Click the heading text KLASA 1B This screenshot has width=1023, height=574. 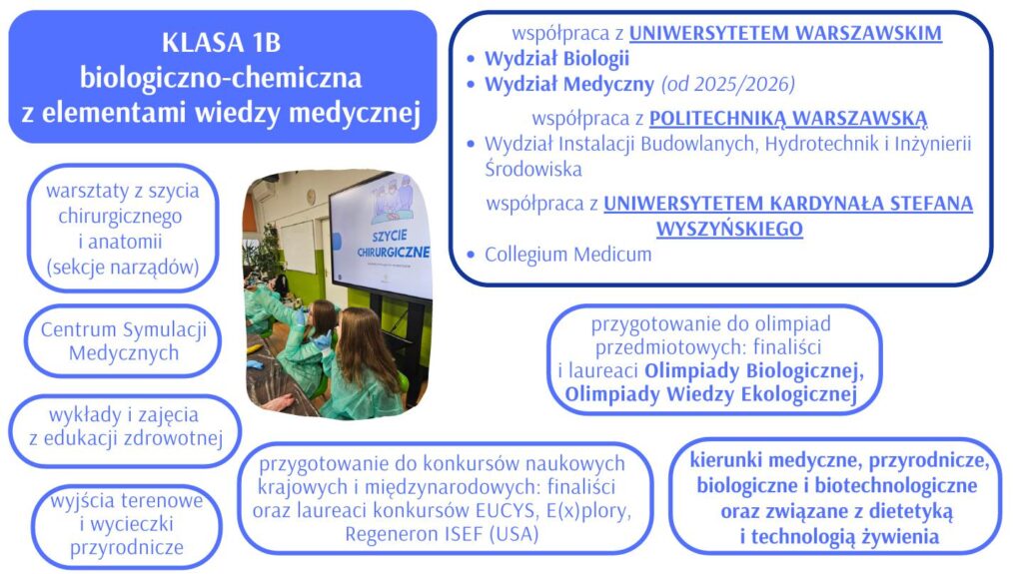click(221, 42)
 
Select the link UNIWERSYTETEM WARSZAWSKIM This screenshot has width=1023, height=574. click(785, 33)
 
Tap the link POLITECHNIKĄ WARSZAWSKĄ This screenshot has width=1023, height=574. click(788, 118)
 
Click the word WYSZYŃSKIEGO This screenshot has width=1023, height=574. click(729, 229)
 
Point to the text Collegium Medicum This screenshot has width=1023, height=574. click(567, 254)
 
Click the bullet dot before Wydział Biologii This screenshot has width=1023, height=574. click(472, 59)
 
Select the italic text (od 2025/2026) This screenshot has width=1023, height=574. click(728, 84)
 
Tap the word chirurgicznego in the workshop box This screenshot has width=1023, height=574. click(120, 216)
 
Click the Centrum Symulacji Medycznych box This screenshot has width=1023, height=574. click(123, 340)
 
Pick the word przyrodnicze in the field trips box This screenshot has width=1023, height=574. click(127, 547)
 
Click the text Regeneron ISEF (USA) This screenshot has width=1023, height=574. click(442, 534)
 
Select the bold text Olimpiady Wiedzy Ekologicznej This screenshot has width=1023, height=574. click(710, 394)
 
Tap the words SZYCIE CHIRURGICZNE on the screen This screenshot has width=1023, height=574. click(393, 244)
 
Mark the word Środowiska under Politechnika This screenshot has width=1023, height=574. click(533, 169)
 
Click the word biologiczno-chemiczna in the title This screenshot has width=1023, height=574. click(221, 78)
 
